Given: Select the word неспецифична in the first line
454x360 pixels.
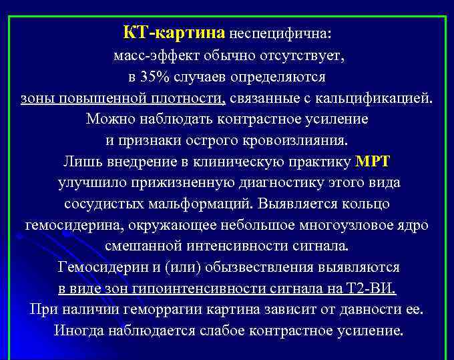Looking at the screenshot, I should pyautogui.click(x=280, y=33).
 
